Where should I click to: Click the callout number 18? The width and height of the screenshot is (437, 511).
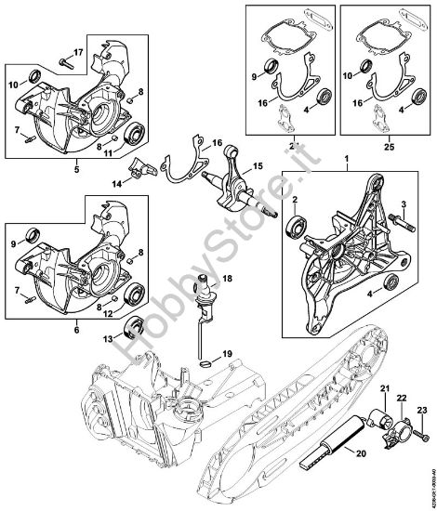(227, 279)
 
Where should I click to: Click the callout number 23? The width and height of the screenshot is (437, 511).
(420, 410)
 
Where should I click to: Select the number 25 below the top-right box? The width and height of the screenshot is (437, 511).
(386, 147)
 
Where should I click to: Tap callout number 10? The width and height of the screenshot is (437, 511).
(13, 84)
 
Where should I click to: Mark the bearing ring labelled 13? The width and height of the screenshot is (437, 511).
(137, 326)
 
